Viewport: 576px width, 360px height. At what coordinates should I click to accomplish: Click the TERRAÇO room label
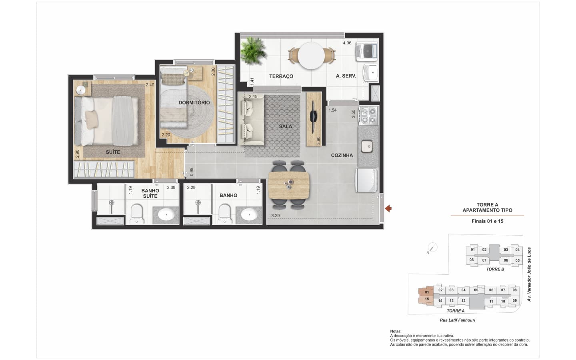(x=281, y=76)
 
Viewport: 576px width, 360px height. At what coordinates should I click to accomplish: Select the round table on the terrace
(x=311, y=56)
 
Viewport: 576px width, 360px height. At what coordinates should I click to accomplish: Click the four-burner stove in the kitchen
(x=368, y=116)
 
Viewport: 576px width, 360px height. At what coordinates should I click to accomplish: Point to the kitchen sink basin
(x=367, y=146)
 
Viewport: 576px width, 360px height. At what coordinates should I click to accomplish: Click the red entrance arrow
(x=388, y=208)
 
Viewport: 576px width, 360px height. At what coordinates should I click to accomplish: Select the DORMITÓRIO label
(x=194, y=102)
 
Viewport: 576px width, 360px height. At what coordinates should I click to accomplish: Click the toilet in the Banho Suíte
(x=137, y=214)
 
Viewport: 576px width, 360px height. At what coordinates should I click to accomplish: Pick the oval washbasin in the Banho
(x=249, y=214)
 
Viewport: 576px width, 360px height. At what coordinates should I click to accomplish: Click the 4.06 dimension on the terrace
(x=347, y=43)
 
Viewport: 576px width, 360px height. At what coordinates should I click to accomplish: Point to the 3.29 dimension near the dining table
(x=275, y=216)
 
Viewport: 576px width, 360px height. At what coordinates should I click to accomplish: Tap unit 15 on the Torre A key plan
(x=427, y=299)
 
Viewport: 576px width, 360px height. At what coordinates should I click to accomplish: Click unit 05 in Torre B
(x=517, y=260)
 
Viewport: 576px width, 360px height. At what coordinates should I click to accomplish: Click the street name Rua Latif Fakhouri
(x=458, y=320)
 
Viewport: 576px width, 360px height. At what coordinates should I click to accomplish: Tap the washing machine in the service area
(x=367, y=52)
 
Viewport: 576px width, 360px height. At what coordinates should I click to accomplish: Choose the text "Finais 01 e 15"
(x=488, y=221)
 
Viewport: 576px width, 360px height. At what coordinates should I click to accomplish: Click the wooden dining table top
(x=288, y=185)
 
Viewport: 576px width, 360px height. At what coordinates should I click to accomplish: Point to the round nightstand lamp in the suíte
(x=81, y=90)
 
